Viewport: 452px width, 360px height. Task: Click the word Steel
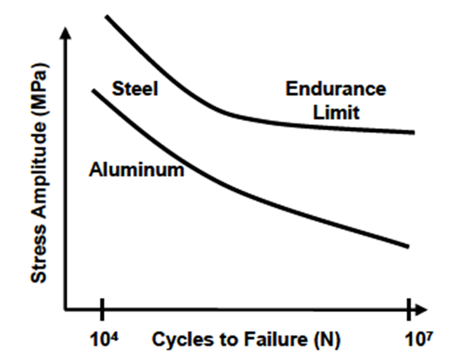pos(135,90)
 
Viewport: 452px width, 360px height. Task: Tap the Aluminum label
pos(136,170)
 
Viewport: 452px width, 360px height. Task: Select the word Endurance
pos(335,89)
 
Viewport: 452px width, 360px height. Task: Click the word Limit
pos(336,113)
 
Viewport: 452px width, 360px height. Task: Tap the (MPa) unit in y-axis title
pos(40,86)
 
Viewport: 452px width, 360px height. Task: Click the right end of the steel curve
pos(413,132)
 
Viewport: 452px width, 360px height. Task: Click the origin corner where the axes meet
pos(66,309)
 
